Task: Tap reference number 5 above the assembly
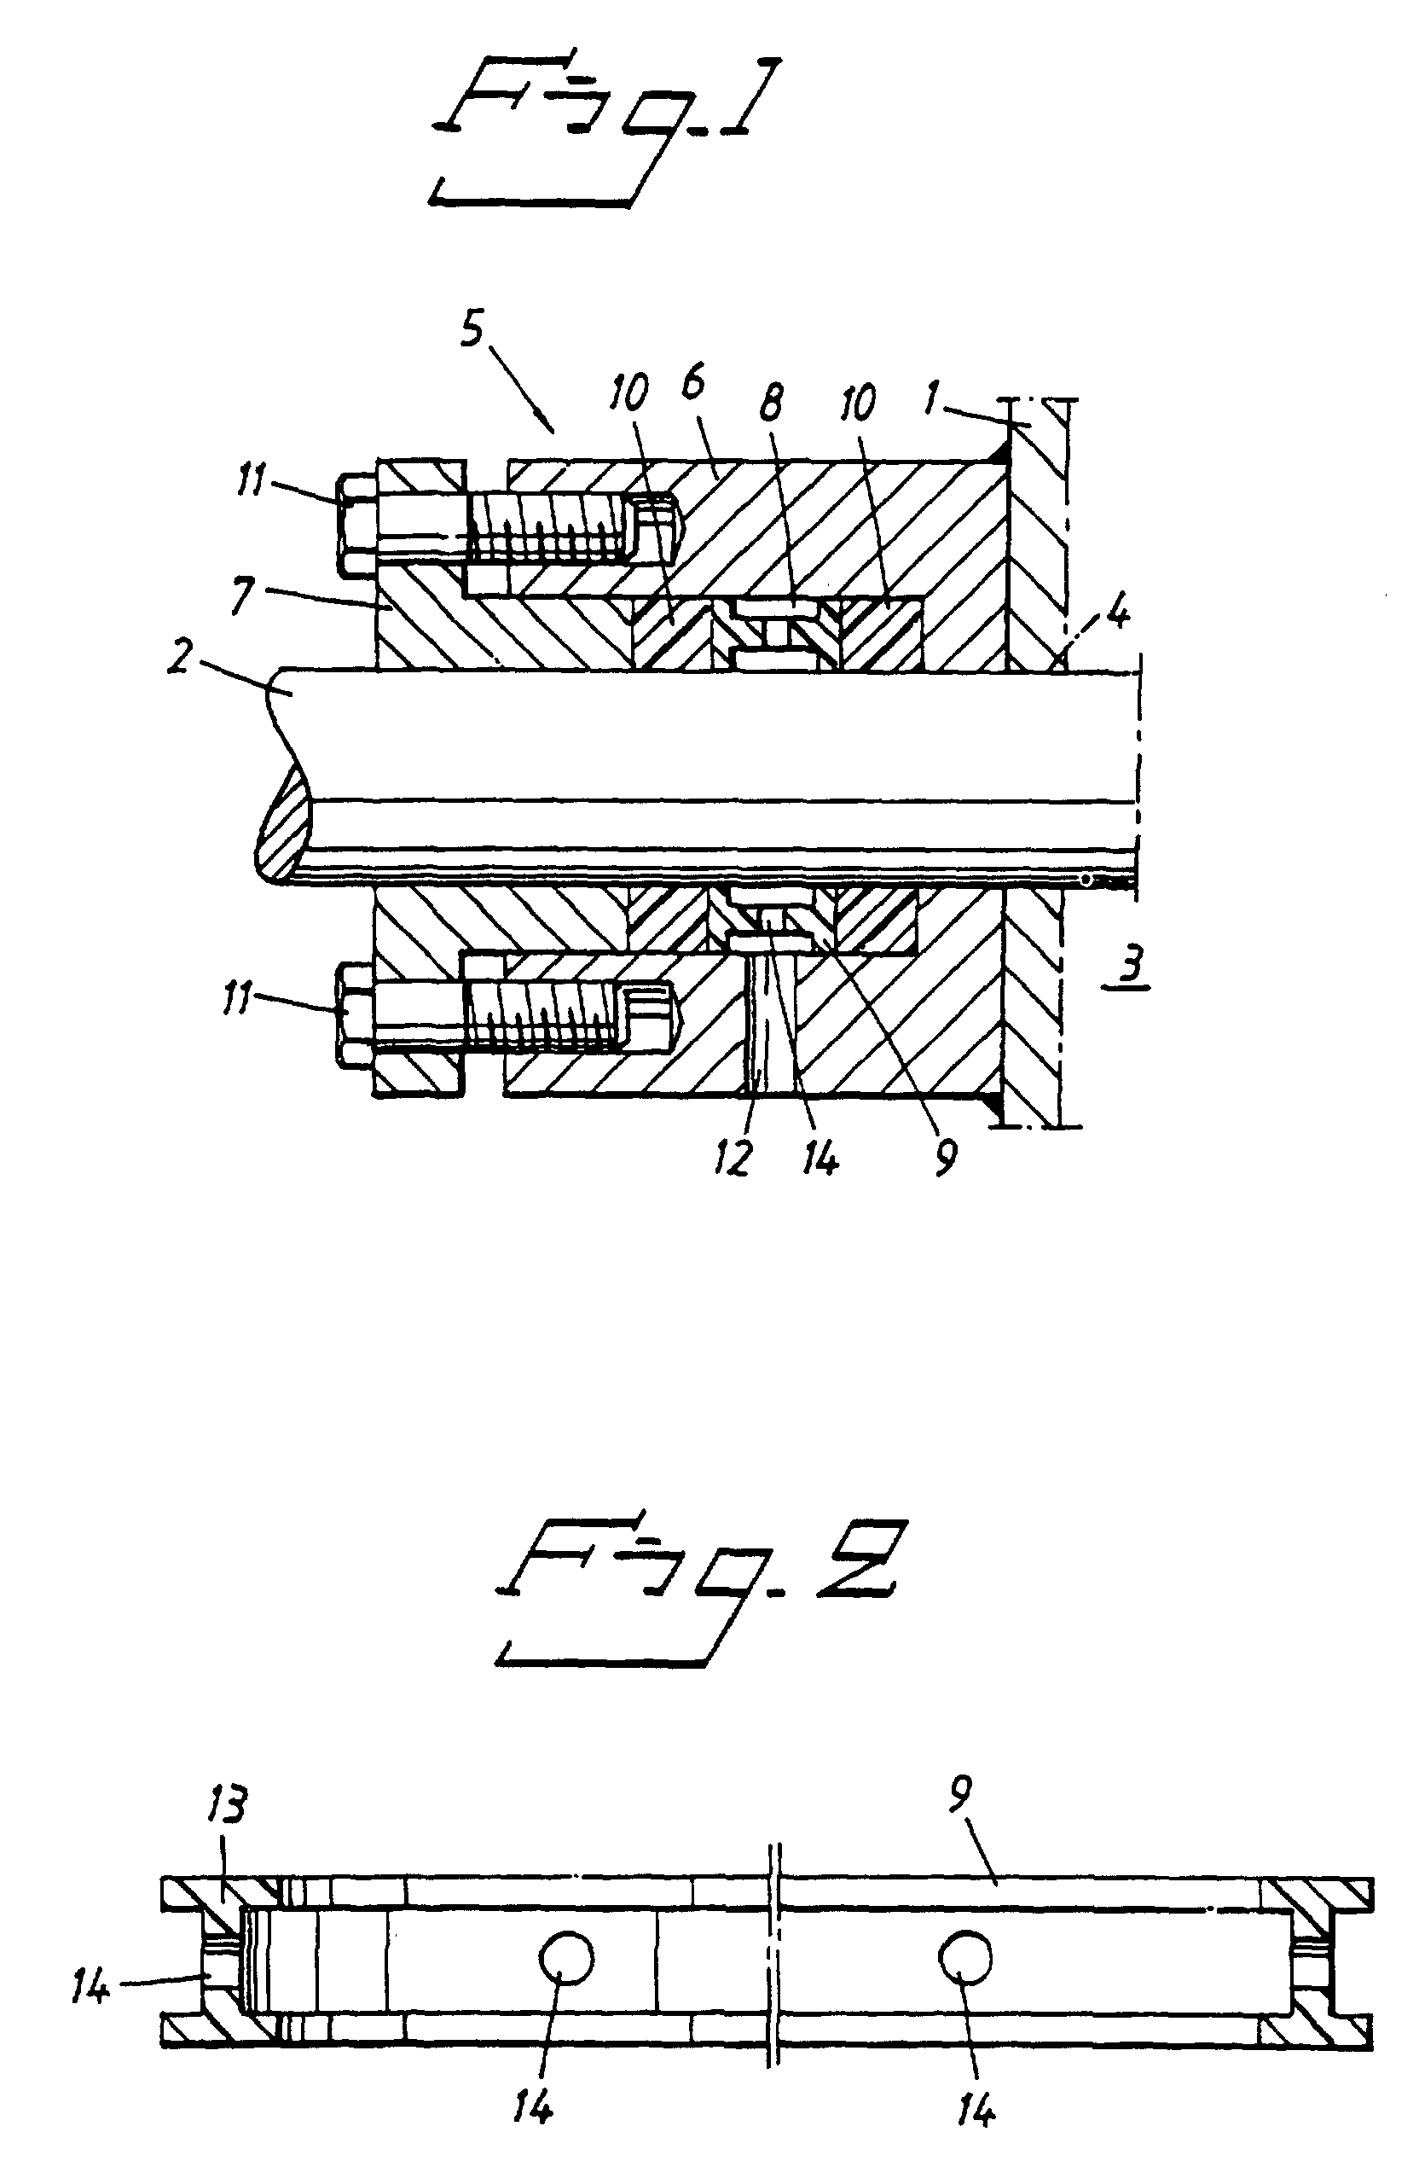pos(472,334)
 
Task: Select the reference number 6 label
pos(693,384)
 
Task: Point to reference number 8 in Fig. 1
pos(772,400)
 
